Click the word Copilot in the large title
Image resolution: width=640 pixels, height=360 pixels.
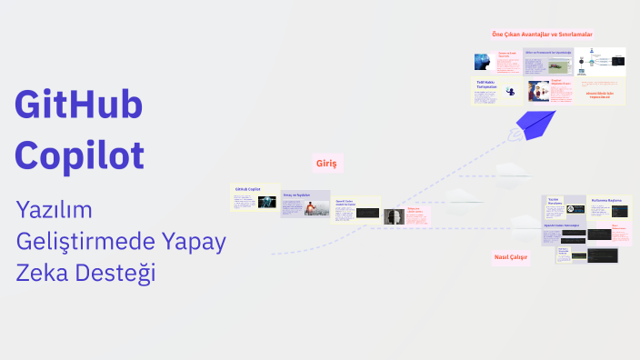(x=80, y=154)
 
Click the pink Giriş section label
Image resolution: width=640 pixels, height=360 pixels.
(x=326, y=163)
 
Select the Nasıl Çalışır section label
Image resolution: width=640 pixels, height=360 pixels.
(x=512, y=257)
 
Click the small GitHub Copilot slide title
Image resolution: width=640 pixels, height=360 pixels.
(x=247, y=189)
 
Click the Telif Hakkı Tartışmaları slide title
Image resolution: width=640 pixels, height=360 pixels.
(x=488, y=85)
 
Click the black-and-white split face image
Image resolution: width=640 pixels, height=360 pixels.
(x=394, y=217)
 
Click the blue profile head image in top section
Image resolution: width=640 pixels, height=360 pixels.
(x=482, y=63)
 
